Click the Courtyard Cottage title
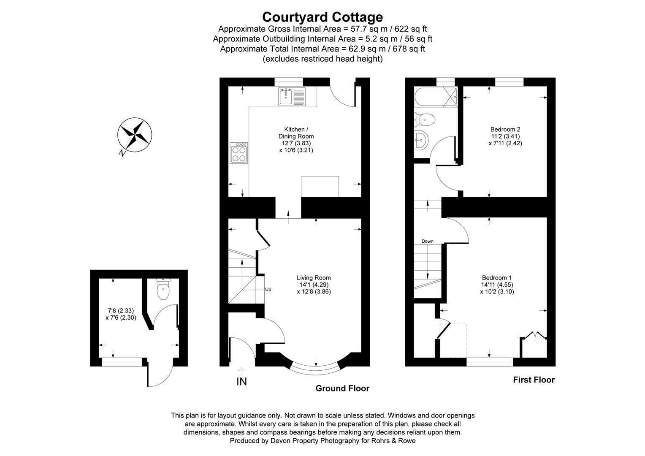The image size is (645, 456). click(x=322, y=17)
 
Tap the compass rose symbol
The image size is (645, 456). click(x=135, y=135)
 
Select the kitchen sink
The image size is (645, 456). click(x=292, y=97)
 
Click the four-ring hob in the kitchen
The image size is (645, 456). click(x=239, y=153)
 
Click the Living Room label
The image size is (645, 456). click(x=314, y=278)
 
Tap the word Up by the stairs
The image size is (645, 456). click(x=268, y=290)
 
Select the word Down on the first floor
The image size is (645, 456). click(x=427, y=242)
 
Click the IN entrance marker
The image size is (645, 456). click(x=241, y=382)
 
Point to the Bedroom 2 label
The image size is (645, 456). click(x=505, y=130)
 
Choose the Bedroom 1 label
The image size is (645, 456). click(x=497, y=278)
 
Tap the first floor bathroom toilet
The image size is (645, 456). click(x=424, y=119)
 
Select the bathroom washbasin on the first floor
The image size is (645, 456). click(x=421, y=140)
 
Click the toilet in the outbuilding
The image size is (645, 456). click(x=163, y=289)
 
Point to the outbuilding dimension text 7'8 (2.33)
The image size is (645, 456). click(x=121, y=311)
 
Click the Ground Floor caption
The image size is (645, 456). click(x=342, y=388)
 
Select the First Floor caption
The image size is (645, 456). click(x=534, y=380)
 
